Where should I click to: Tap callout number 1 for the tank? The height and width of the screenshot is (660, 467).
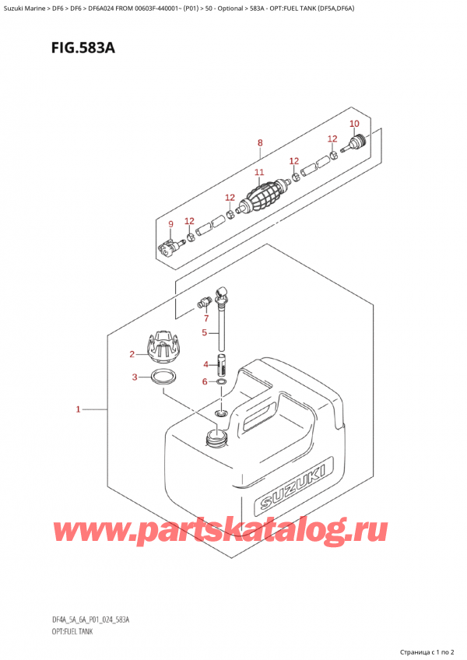click(x=79, y=409)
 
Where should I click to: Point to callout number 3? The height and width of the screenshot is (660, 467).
click(x=135, y=378)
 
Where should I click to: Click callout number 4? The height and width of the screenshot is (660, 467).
click(x=206, y=364)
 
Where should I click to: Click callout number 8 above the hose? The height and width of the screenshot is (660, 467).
click(x=260, y=142)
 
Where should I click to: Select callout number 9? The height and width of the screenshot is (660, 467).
click(x=171, y=226)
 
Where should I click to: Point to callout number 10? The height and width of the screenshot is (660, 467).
click(x=354, y=125)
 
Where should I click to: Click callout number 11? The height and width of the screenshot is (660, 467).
click(x=259, y=172)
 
